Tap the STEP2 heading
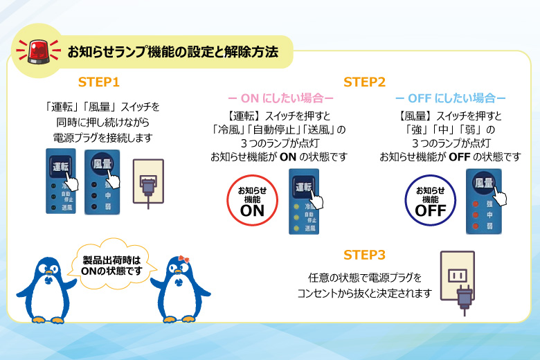pyautogui.click(x=364, y=82)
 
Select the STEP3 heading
pyautogui.click(x=364, y=255)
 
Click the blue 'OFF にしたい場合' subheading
pyautogui.click(x=450, y=99)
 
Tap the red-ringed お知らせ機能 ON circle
pyautogui.click(x=252, y=199)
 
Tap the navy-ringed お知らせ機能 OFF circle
pyautogui.click(x=430, y=199)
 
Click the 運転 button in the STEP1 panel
pyautogui.click(x=60, y=166)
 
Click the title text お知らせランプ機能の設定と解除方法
pyautogui.click(x=172, y=51)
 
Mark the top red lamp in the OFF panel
pyautogui.click(x=476, y=204)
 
